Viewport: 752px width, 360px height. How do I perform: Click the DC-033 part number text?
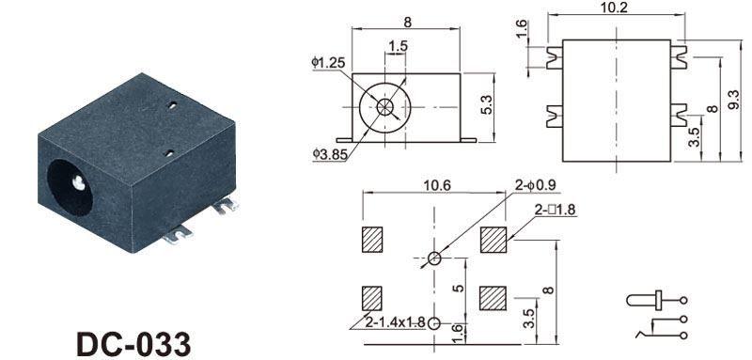(x=133, y=344)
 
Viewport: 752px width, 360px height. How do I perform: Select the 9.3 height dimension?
(x=734, y=100)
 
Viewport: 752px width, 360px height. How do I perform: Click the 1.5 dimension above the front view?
(x=398, y=46)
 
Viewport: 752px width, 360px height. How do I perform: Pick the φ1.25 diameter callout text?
(x=328, y=62)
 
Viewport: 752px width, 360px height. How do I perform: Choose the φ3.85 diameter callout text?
(x=329, y=153)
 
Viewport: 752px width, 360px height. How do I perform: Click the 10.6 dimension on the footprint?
(x=436, y=185)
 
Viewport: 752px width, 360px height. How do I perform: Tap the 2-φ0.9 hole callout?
(x=536, y=185)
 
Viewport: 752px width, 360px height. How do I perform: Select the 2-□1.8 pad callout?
(x=556, y=210)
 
